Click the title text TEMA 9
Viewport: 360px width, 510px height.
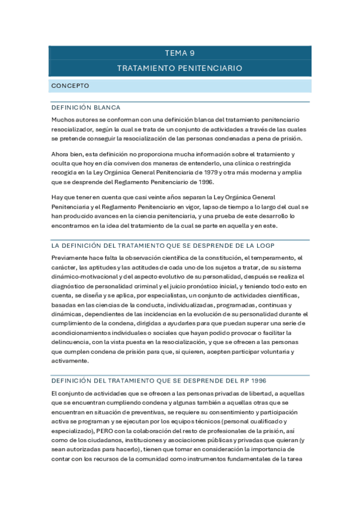180,53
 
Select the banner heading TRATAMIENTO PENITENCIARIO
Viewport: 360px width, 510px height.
180,69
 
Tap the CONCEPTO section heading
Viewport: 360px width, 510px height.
70,86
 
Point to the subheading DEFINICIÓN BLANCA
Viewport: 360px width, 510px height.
86,108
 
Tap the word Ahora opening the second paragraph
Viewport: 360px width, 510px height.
62,155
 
